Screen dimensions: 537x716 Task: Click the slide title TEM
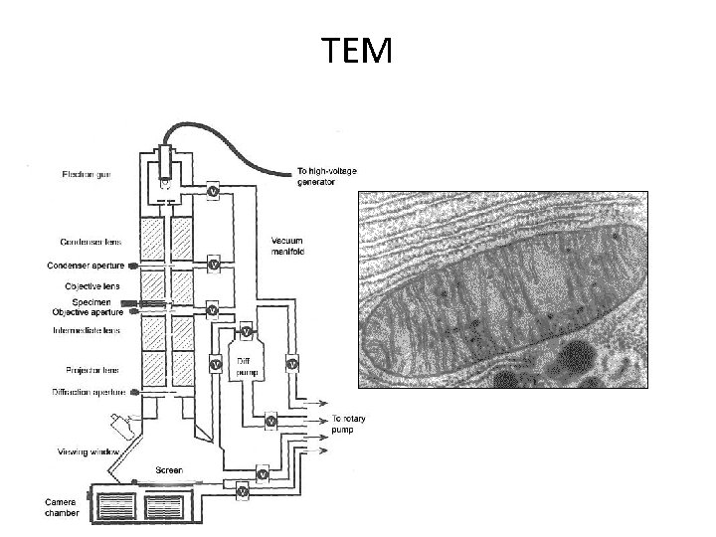point(358,49)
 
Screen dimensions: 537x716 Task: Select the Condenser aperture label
point(84,266)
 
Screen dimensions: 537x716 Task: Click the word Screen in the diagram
point(168,469)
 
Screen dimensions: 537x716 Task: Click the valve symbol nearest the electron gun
point(213,190)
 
